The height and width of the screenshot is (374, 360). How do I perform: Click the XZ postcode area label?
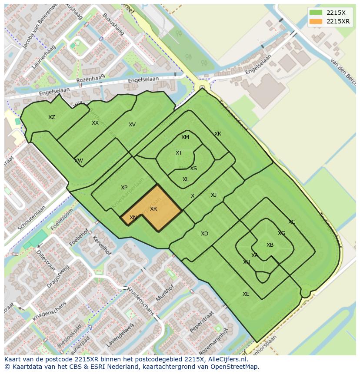coord(52,117)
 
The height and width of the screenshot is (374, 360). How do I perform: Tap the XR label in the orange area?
coord(153,209)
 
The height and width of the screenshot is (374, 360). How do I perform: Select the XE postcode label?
coord(246,294)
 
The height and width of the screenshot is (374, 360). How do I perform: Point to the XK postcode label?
coord(218,134)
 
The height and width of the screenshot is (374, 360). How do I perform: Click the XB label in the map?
coord(270,245)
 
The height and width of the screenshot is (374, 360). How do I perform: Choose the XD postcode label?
coord(204,234)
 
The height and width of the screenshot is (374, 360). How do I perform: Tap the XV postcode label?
coord(132,125)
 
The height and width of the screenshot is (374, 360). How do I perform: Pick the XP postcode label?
coord(124,188)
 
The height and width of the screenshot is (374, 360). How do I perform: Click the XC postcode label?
coord(292,222)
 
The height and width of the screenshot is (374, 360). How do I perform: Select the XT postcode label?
coord(179,153)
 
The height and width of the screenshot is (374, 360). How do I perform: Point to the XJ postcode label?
coord(213,195)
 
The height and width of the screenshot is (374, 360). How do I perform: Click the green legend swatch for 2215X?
coord(316,13)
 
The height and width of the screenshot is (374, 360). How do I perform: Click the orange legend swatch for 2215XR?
coord(316,22)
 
